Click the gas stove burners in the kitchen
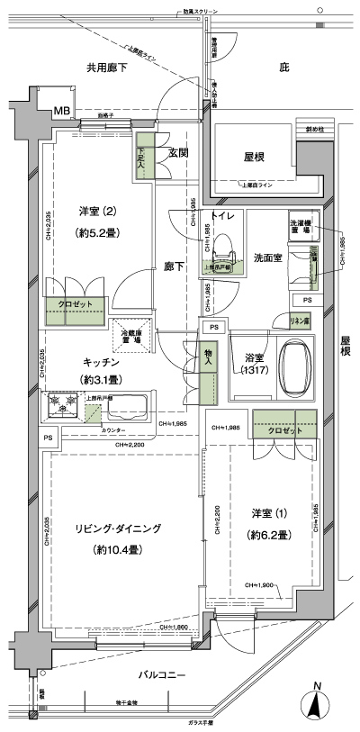62,403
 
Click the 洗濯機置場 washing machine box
301,227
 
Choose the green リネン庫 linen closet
300,320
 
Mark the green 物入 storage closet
207,378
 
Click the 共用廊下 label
105,68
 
